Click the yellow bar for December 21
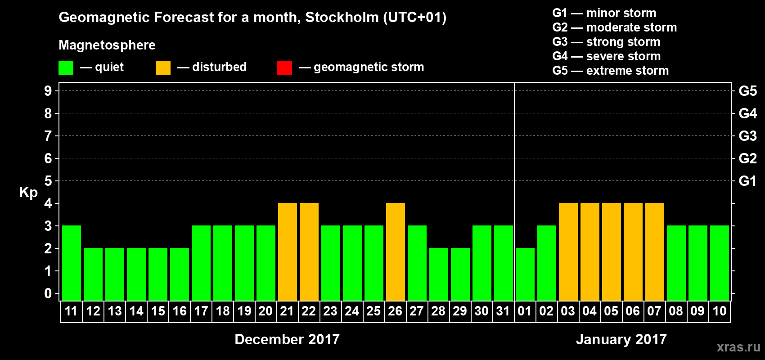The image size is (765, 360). tap(288, 252)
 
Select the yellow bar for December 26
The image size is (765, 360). tap(396, 252)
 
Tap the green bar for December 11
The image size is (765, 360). tap(72, 263)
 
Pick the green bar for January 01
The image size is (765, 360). tap(525, 274)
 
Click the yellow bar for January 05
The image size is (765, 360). tap(611, 252)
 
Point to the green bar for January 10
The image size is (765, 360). tap(720, 263)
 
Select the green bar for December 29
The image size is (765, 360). tap(460, 274)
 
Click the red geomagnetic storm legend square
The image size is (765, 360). tap(284, 68)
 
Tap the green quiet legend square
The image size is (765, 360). tap(66, 68)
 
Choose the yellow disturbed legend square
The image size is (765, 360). tap(163, 68)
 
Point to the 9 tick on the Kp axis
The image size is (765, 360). tap(48, 91)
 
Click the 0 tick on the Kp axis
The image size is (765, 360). tap(48, 294)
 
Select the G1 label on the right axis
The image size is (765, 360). tap(747, 181)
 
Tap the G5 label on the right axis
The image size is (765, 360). tap(747, 91)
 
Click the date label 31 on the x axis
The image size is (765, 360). tap(503, 311)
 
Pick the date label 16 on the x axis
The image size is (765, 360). tap(180, 311)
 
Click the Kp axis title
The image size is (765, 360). tap(28, 193)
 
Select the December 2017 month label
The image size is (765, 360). tap(287, 339)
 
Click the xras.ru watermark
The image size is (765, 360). tap(738, 347)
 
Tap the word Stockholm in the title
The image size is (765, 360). tap(342, 18)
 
